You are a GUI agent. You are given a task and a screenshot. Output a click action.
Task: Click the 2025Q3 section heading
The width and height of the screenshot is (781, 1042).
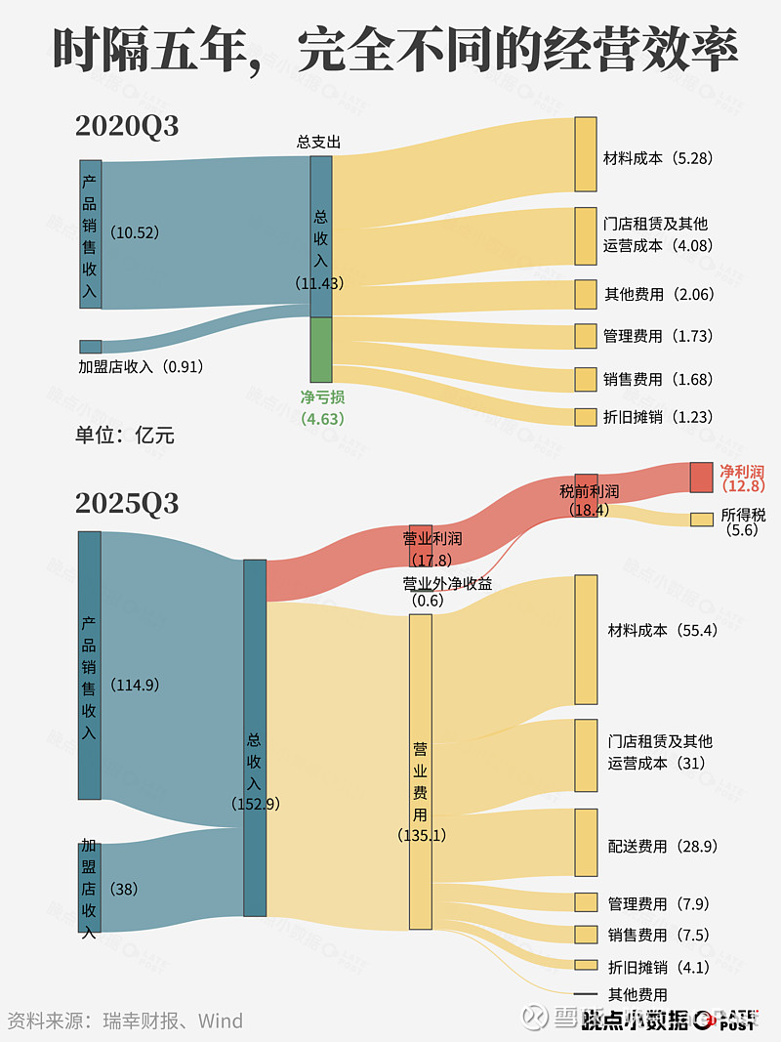[127, 504]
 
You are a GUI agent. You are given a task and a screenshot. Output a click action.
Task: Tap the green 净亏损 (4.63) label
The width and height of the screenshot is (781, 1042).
[322, 407]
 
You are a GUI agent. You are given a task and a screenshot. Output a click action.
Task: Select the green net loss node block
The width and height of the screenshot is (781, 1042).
[321, 350]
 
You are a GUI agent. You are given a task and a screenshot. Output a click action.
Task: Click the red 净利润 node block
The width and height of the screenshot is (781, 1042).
[701, 478]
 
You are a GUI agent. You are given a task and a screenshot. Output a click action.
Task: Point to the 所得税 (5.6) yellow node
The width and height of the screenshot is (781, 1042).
[701, 520]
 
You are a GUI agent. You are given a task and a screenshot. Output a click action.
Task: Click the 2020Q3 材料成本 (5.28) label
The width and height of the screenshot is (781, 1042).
[657, 158]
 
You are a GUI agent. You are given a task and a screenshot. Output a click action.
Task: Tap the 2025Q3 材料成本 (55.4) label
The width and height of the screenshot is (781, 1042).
[662, 631]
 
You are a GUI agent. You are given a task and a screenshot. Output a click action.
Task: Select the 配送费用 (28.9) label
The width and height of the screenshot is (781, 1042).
[662, 846]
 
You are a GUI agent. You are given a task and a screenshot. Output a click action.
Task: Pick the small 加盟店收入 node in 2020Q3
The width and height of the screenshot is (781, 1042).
[91, 347]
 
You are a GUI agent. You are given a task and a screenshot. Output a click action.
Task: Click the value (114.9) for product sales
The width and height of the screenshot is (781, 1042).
[135, 685]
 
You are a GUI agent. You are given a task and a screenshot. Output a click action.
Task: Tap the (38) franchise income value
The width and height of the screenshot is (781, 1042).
[124, 890]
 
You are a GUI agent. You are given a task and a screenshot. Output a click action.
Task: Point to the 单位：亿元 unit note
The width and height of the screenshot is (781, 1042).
[125, 435]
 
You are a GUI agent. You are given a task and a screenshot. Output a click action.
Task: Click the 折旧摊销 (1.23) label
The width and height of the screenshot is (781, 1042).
[657, 417]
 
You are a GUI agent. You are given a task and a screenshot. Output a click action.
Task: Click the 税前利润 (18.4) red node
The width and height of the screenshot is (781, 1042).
[586, 488]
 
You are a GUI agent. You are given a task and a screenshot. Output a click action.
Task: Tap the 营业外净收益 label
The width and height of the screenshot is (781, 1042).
[447, 584]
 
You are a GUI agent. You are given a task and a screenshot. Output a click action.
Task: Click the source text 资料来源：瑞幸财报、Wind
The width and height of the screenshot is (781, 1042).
[125, 1021]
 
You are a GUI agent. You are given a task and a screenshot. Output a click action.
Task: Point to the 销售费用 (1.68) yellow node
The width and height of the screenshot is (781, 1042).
[585, 379]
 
